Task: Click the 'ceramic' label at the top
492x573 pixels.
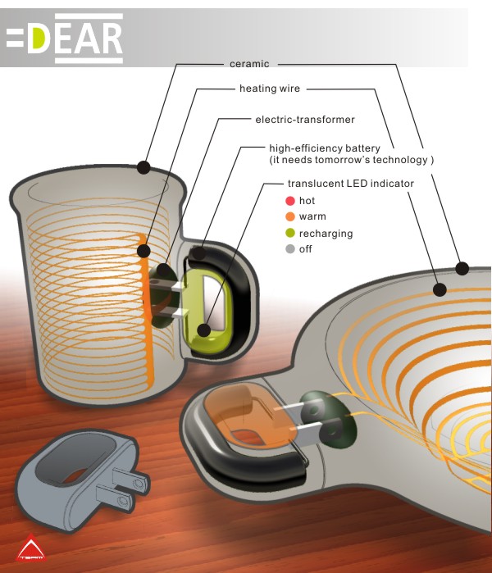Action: point(249,64)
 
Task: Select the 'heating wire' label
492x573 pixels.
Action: point(270,89)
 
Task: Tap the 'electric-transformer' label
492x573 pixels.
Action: point(305,120)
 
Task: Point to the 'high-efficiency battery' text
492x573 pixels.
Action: point(325,148)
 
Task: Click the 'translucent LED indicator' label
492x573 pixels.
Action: point(350,183)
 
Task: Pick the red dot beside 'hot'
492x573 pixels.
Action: point(289,201)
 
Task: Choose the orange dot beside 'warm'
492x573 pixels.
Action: point(289,216)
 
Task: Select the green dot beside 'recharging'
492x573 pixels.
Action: point(289,233)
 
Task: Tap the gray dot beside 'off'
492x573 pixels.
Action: point(289,249)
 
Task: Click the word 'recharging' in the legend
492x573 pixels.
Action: point(326,234)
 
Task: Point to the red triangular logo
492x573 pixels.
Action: point(31,548)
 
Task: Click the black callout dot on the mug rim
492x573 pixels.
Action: point(144,167)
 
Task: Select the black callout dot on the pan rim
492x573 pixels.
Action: point(462,269)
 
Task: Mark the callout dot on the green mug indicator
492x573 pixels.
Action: point(204,330)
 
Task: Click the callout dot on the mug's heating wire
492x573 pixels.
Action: point(144,251)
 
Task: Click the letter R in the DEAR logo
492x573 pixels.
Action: point(111,38)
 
